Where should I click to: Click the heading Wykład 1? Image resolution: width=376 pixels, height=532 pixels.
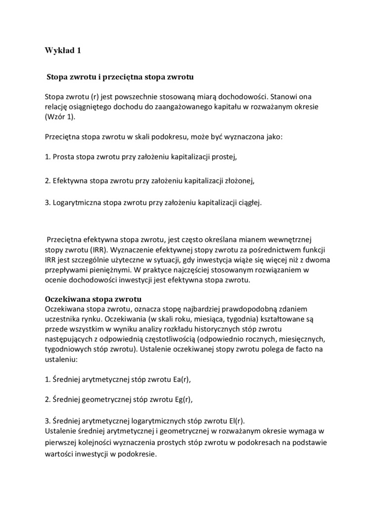[x=62, y=50]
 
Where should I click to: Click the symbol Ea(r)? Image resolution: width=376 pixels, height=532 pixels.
[x=179, y=380]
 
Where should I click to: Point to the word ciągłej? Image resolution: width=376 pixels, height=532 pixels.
[x=249, y=202]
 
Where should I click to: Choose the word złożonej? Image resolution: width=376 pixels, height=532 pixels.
[x=240, y=181]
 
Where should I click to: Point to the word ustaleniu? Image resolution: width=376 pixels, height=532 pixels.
[x=60, y=360]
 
